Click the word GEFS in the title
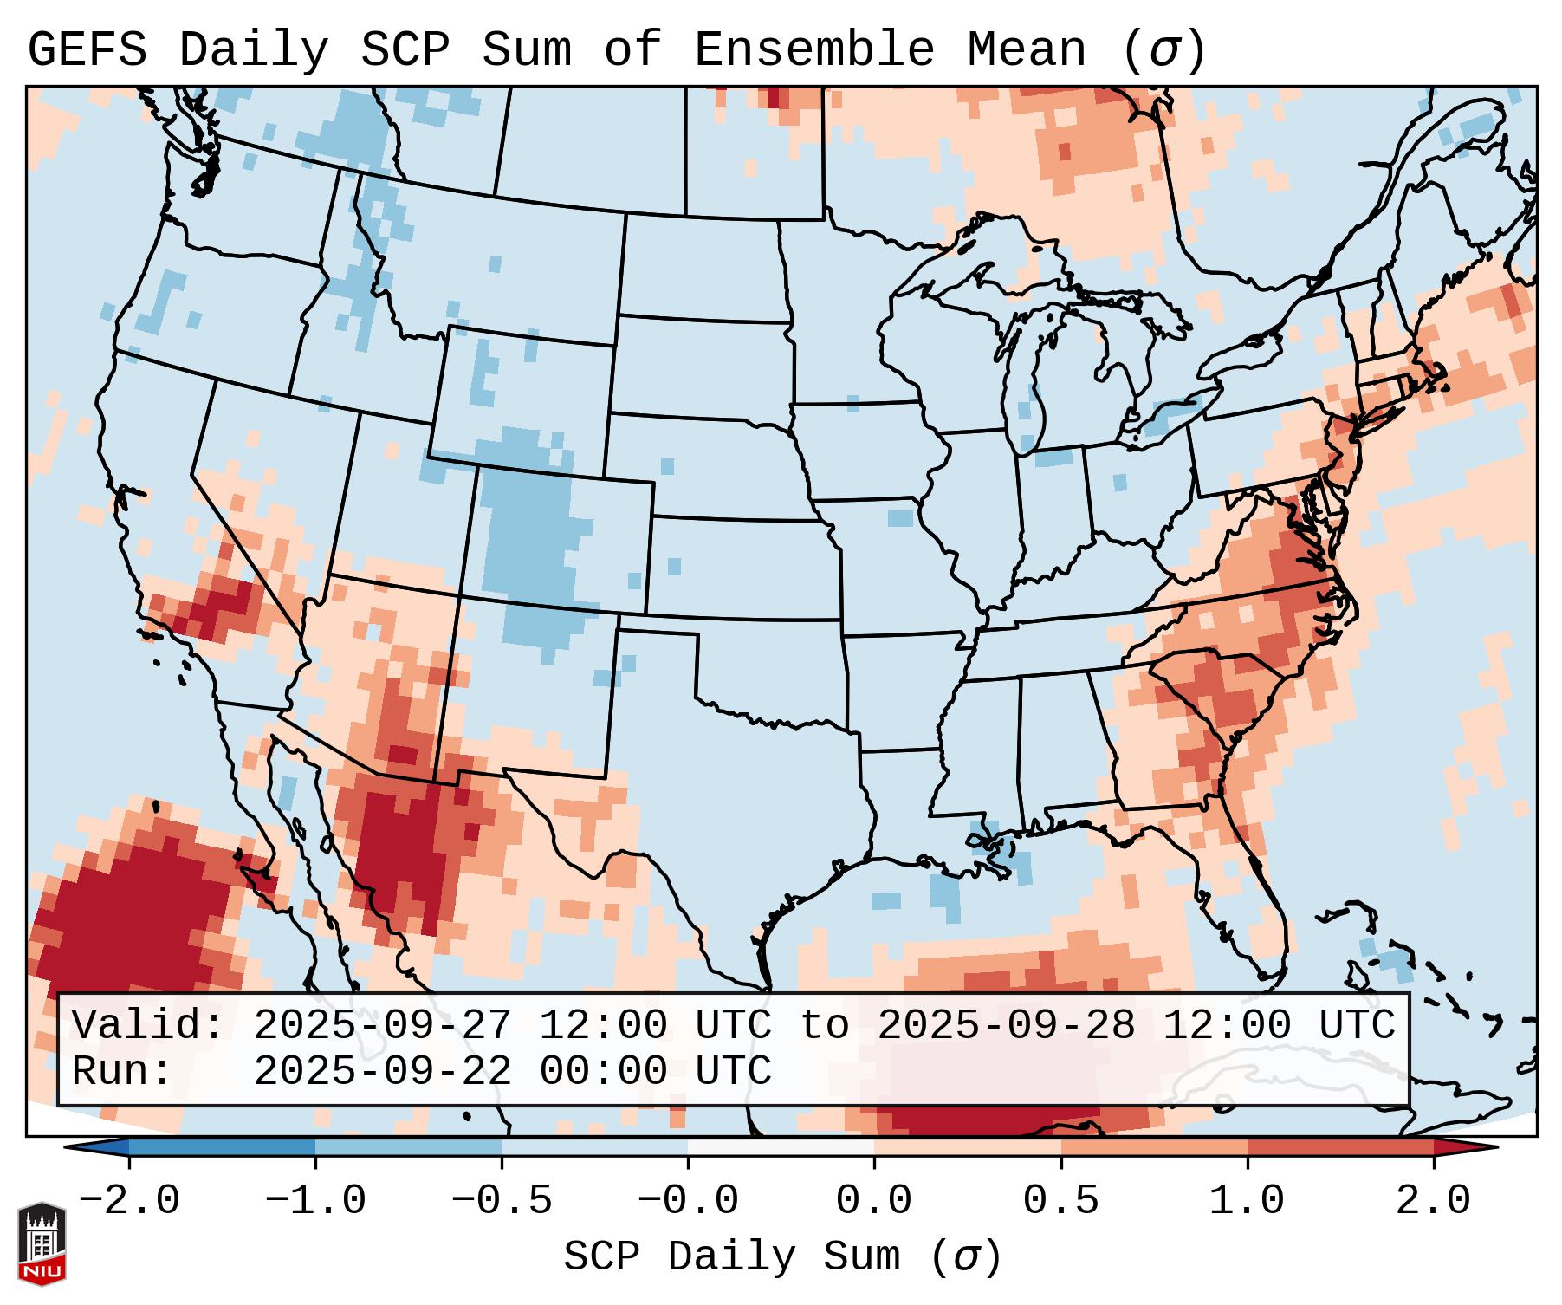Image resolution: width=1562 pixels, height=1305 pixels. [87, 50]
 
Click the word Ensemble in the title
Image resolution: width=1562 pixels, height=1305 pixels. [813, 50]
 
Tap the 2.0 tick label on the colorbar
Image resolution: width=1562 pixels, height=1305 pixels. [1433, 1200]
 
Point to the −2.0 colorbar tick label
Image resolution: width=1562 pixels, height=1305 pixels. [129, 1200]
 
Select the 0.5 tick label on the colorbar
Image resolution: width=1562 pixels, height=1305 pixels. [1060, 1200]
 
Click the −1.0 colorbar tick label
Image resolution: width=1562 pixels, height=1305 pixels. [315, 1200]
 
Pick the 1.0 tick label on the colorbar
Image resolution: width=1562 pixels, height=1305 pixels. [1247, 1200]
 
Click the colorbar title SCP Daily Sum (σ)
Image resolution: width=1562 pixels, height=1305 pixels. [781, 1256]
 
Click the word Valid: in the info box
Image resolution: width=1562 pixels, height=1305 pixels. [148, 1025]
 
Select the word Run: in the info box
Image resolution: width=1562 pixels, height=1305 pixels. [122, 1071]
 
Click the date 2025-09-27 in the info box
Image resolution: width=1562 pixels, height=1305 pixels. [382, 1025]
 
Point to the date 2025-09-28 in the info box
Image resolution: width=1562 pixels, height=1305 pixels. [1006, 1025]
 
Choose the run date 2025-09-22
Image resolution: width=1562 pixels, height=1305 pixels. [382, 1071]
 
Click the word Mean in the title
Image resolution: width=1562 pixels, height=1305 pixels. [1026, 50]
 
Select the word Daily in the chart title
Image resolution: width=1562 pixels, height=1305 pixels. [253, 50]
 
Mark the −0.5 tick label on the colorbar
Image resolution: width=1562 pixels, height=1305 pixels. [502, 1200]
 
